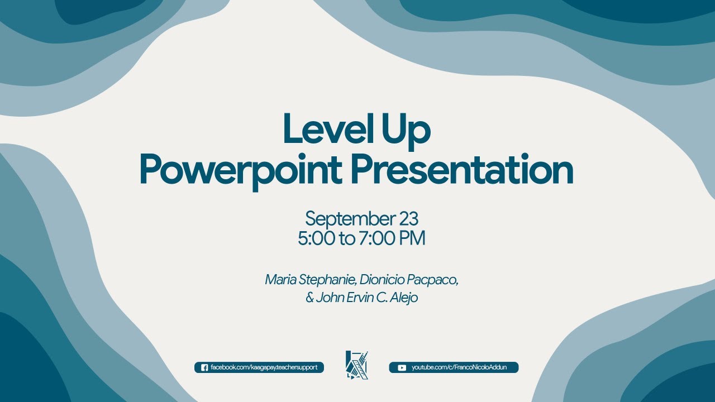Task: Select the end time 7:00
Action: (377, 239)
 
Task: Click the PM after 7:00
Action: (413, 239)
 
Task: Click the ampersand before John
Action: (309, 298)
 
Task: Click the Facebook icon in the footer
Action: (204, 367)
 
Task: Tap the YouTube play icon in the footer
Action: (402, 367)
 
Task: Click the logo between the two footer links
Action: (357, 365)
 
